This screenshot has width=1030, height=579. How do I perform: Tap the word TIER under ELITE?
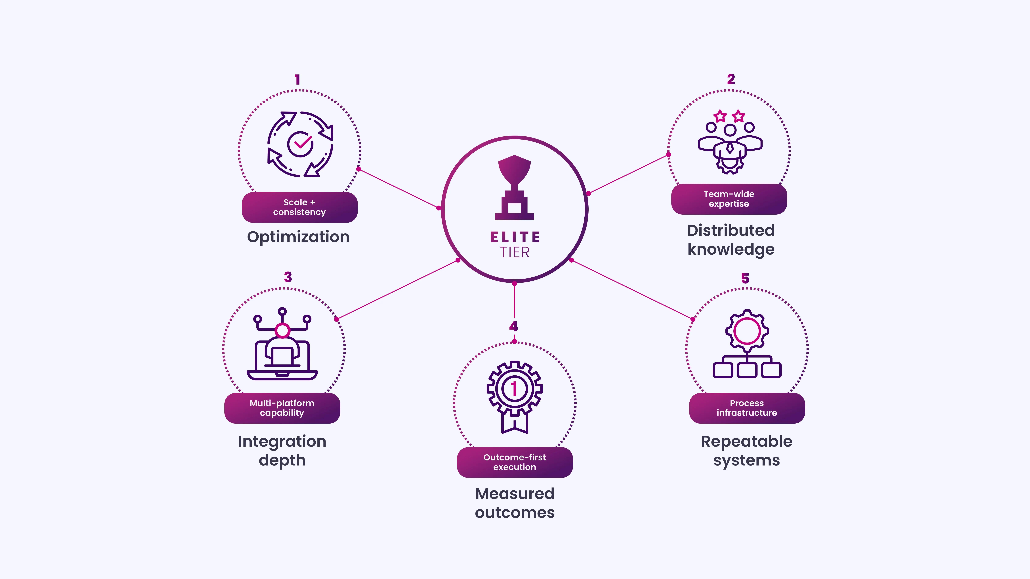pos(515,253)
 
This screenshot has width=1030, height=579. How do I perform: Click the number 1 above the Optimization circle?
pos(298,79)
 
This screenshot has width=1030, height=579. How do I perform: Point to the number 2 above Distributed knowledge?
pos(731,79)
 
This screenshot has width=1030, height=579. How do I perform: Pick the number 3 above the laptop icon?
pos(288,277)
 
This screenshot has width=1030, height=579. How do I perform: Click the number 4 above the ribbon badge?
pos(514,326)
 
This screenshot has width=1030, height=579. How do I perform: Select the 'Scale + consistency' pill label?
pos(299,207)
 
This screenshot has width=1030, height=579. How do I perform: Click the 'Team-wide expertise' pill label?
pos(729,199)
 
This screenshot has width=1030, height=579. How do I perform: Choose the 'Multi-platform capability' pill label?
pos(282,408)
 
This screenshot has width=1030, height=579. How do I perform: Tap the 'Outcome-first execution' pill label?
pos(515,462)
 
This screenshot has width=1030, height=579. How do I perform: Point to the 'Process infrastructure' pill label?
pos(747,408)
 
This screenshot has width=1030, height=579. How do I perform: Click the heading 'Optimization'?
pos(298,237)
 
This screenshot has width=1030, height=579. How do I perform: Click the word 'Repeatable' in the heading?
pos(746,442)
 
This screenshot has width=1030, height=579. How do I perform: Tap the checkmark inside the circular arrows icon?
pos(303,141)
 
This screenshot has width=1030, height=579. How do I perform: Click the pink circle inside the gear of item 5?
pos(747,331)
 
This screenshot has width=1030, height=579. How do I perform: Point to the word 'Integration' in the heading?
pos(282,442)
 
